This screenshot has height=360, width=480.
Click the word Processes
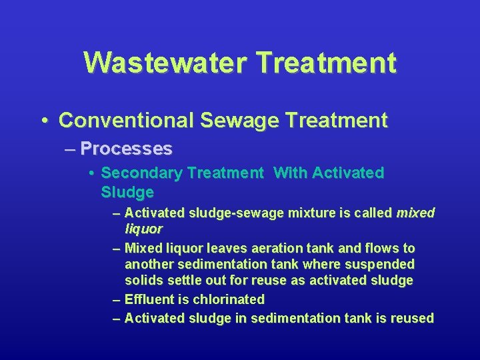[x=126, y=148]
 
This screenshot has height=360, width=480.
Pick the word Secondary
[x=141, y=173]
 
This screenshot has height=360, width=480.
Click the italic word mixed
[x=415, y=213]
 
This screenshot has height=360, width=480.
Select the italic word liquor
[x=143, y=229]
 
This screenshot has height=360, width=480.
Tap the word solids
[x=144, y=281]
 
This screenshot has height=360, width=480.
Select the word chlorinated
[x=229, y=299]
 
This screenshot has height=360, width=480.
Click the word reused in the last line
[x=413, y=318]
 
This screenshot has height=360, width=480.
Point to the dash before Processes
[x=69, y=149]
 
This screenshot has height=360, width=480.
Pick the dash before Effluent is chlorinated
[x=117, y=300]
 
